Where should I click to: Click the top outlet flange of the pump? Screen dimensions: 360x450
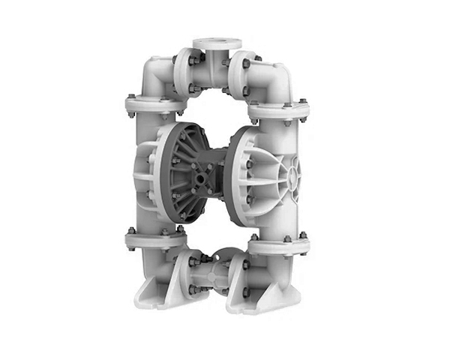(x=211, y=43)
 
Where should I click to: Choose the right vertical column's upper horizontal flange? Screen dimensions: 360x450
(x=279, y=110)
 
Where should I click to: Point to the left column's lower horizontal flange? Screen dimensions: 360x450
(x=154, y=240)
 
